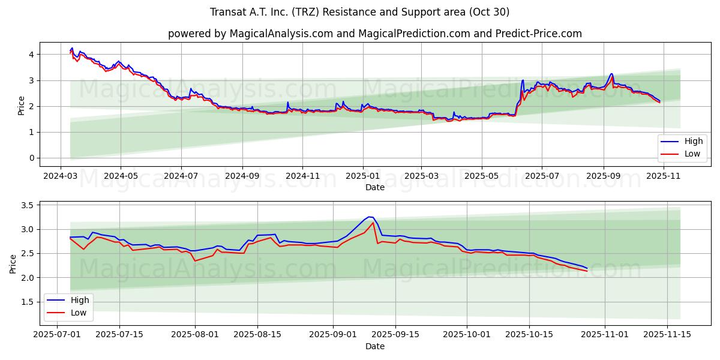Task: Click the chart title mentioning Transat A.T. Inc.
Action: pyautogui.click(x=360, y=12)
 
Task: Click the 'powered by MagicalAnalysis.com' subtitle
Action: pyautogui.click(x=375, y=34)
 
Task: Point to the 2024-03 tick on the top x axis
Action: pyautogui.click(x=60, y=177)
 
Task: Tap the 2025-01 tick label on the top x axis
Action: pyautogui.click(x=362, y=177)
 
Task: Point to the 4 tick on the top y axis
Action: pyautogui.click(x=31, y=55)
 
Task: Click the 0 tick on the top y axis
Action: pyautogui.click(x=31, y=158)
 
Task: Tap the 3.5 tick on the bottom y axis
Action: pyautogui.click(x=27, y=205)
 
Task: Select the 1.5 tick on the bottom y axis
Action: pyautogui.click(x=27, y=302)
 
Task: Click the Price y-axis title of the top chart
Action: pyautogui.click(x=21, y=105)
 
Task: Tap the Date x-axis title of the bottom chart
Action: pyautogui.click(x=375, y=346)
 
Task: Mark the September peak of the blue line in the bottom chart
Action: pyautogui.click(x=370, y=217)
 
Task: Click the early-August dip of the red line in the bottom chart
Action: pyautogui.click(x=195, y=261)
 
